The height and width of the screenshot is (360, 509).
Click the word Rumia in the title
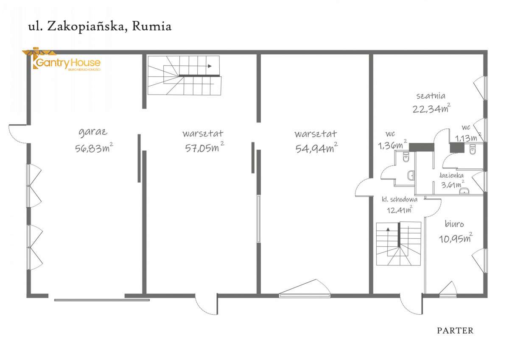151,26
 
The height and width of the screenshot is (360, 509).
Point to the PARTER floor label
455,331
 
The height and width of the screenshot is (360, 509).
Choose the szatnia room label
431,95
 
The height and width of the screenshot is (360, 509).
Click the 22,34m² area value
431,109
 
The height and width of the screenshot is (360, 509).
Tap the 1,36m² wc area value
392,145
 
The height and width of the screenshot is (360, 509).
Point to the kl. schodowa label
399,199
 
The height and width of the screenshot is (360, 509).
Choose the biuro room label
454,224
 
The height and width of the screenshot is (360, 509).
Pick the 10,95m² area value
455,238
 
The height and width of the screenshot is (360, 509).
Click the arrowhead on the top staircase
209,66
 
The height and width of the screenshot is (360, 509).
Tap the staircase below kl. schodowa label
398,243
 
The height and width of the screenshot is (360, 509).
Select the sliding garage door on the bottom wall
102,300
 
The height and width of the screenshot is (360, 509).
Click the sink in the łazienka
465,190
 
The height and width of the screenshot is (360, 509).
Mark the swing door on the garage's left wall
18,134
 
